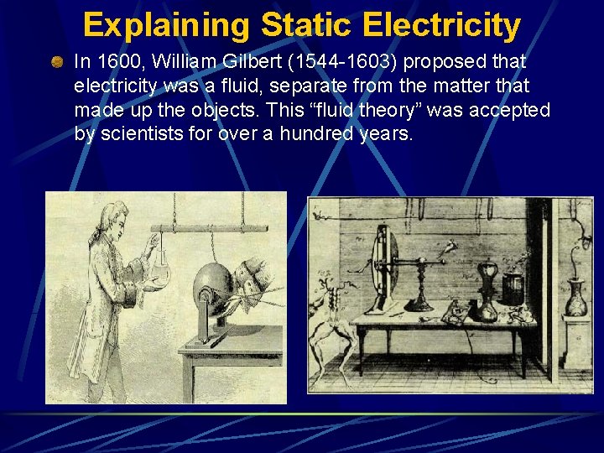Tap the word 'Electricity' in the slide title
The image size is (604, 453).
coord(442,25)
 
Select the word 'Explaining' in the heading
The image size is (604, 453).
coord(166,25)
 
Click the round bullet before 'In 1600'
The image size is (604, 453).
coord(57,62)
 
